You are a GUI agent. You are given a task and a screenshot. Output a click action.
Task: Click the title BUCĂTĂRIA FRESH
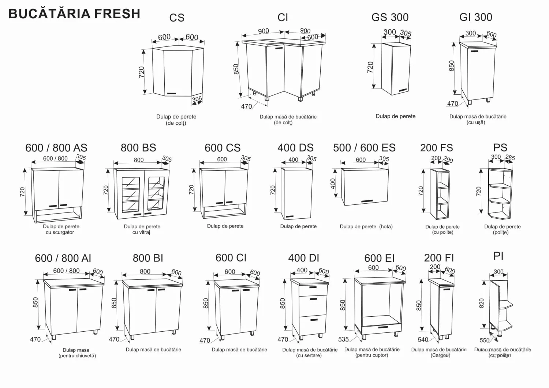74,14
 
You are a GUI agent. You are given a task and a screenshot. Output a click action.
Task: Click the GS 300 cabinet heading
390,17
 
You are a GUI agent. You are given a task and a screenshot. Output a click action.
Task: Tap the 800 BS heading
138,148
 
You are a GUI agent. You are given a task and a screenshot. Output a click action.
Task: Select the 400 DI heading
303,258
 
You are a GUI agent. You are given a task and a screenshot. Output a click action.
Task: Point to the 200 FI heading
439,258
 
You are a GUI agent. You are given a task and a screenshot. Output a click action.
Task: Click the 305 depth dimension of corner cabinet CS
197,99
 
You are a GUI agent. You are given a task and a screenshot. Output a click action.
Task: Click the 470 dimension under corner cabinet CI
246,106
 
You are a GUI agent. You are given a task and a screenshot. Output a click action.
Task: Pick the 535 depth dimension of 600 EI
343,339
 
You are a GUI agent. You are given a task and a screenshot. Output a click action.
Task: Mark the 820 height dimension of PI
482,303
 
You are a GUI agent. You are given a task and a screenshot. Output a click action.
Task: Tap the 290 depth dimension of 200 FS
448,160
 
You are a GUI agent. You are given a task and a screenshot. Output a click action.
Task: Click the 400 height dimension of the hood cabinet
333,184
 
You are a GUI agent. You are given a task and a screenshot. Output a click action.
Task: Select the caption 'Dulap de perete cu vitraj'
142,229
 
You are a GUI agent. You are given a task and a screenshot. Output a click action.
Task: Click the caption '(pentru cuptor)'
371,355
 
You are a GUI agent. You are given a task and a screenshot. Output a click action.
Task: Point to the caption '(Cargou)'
440,355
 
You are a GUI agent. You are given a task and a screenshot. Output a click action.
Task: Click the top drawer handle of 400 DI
313,287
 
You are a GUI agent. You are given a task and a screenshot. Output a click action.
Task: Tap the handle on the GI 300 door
474,52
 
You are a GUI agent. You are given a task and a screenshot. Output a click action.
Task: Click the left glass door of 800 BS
131,195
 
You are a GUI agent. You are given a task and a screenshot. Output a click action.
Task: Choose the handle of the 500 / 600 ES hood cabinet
367,201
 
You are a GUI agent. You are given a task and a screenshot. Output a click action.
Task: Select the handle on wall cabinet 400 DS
290,216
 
